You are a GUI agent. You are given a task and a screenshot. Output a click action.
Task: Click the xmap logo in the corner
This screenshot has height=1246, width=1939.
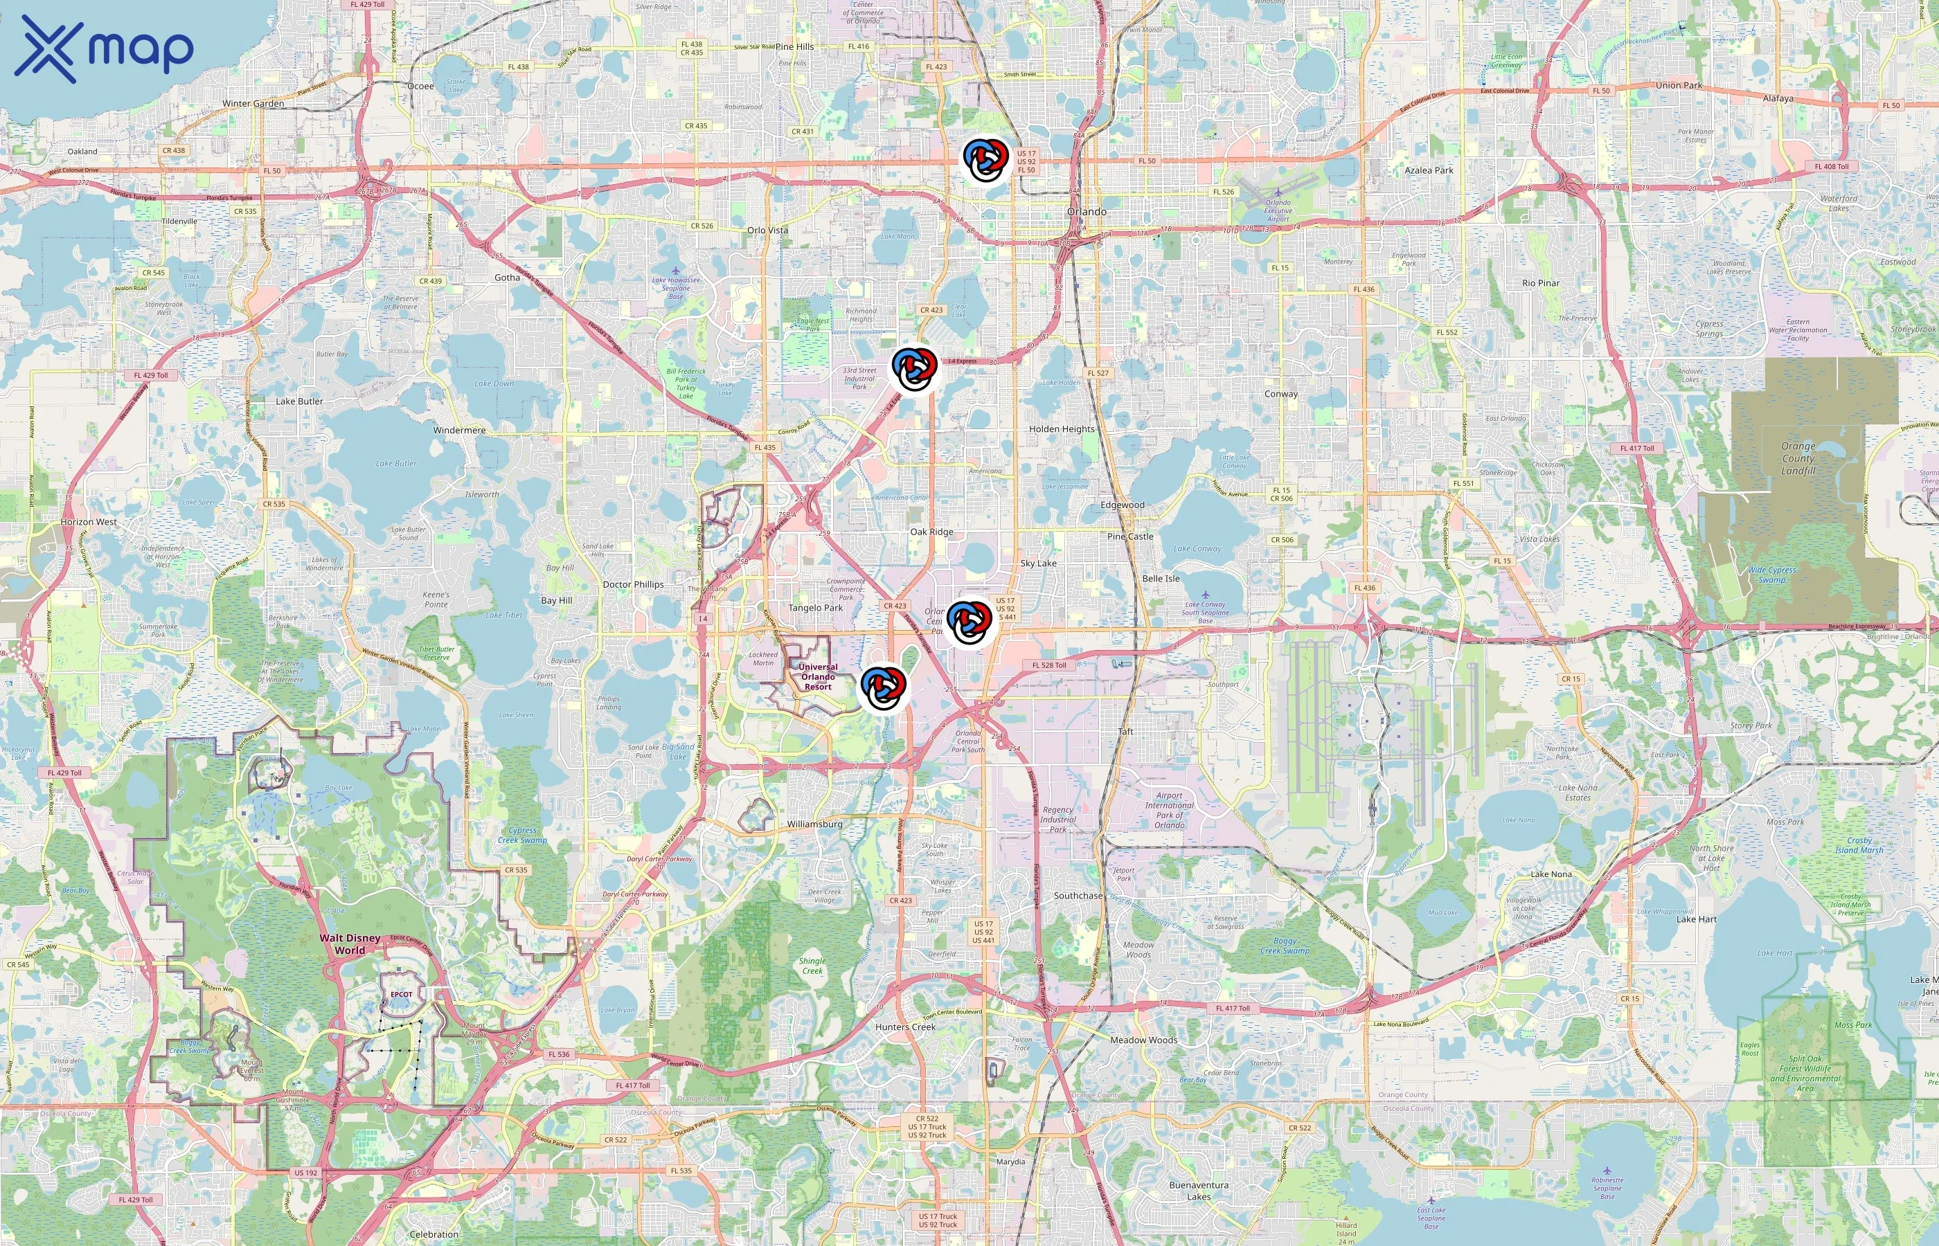104,48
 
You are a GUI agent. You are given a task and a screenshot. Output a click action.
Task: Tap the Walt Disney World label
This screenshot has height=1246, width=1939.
350,943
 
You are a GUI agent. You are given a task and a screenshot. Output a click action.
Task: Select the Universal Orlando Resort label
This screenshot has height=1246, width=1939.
817,676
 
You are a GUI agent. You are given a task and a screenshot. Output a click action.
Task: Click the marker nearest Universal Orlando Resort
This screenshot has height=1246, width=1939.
883,687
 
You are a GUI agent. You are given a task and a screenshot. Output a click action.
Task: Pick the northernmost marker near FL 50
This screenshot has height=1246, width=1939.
985,159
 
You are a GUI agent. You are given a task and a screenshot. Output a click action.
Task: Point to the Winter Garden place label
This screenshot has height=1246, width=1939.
253,104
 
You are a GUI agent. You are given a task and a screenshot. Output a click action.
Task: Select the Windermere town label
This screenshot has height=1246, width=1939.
459,431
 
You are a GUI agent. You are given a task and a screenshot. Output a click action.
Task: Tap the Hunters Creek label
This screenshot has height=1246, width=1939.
905,1027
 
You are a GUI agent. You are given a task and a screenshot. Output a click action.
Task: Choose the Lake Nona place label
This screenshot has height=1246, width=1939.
1551,874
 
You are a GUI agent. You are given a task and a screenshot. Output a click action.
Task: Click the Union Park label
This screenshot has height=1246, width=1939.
1679,85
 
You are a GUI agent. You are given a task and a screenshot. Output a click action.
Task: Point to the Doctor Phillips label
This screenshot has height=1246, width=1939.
633,584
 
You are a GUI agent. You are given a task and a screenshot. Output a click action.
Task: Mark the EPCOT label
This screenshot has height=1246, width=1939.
402,994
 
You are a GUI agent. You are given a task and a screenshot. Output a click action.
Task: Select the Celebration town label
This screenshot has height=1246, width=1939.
434,1234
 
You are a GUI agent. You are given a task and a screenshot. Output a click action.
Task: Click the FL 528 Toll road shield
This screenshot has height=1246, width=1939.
1049,665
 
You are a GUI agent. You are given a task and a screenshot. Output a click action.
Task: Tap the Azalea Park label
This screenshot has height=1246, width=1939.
1429,171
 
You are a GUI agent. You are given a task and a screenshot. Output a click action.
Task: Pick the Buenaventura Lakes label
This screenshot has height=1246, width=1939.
1199,1190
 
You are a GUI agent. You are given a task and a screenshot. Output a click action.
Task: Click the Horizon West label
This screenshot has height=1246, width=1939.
88,522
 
